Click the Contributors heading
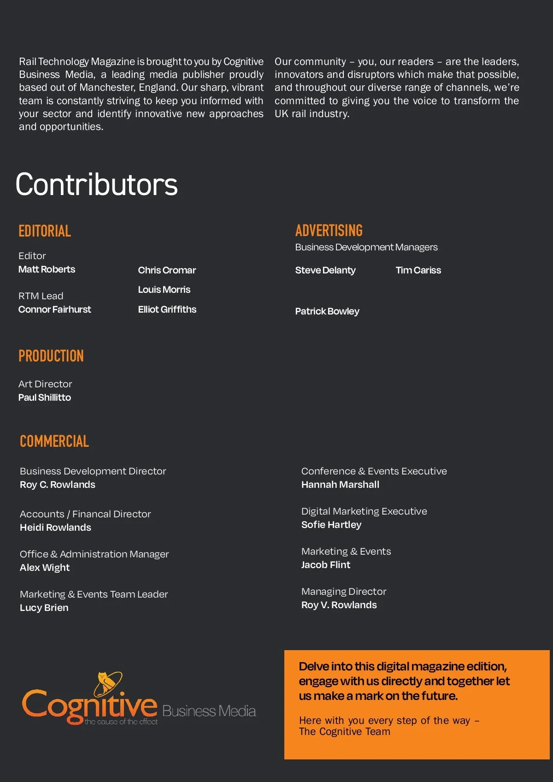pos(96,184)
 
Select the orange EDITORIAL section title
pos(45,231)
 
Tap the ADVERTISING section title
pos(329,231)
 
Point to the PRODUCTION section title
pos(51,356)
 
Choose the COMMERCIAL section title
pos(54,441)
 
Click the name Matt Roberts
pos(47,269)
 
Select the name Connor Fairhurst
pos(54,309)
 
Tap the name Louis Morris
pos(164,290)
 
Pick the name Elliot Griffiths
pos(167,309)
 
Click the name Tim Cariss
pos(418,270)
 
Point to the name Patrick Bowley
pos(327,311)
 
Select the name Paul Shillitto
pos(45,397)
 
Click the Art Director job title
pos(45,384)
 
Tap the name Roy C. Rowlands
pos(58,485)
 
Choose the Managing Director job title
pos(344,592)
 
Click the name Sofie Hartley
pos(331,525)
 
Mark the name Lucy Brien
pos(44,608)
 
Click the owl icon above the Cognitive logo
pos(108,683)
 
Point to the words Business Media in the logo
pos(209,711)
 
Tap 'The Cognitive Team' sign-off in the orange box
pos(344,732)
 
